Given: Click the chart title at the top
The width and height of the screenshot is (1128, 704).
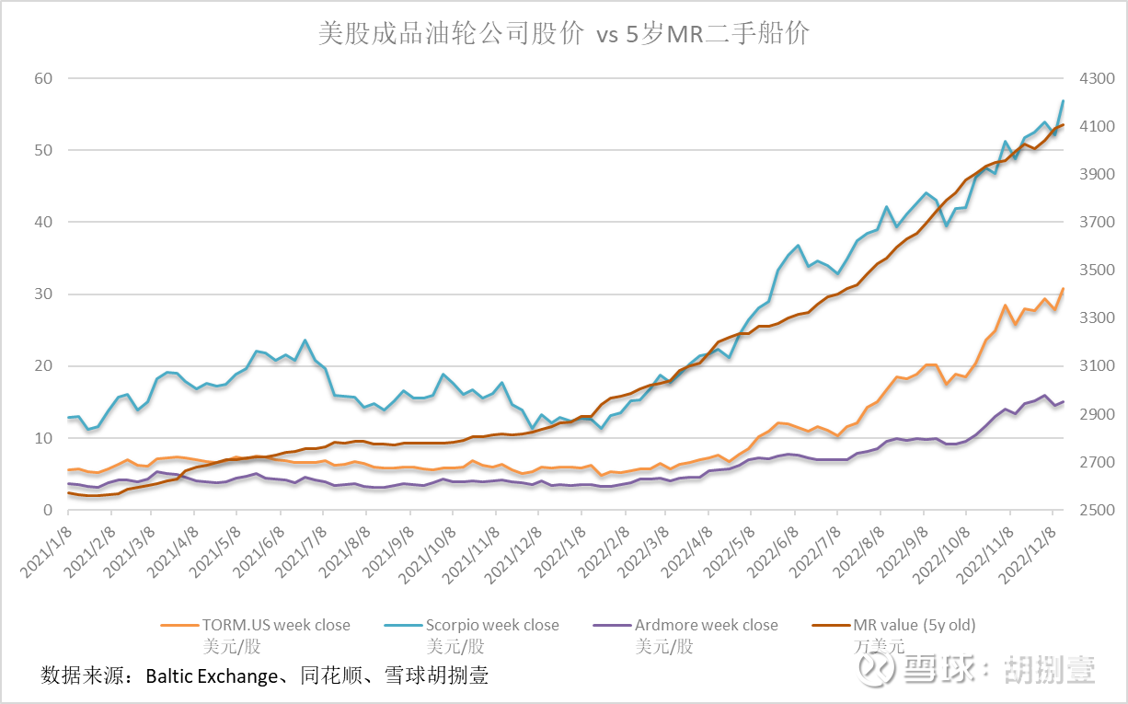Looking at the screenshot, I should (563, 34).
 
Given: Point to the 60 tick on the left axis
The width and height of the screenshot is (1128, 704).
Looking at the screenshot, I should (43, 78).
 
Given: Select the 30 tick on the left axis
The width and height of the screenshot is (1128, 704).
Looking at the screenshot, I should (43, 294).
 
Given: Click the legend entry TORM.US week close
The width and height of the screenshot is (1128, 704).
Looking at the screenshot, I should (275, 625).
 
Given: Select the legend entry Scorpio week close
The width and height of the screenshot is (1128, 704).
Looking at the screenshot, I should (491, 625).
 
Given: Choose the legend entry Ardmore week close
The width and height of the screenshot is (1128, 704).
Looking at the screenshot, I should (706, 625).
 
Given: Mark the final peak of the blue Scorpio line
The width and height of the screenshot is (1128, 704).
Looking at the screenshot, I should (1064, 100).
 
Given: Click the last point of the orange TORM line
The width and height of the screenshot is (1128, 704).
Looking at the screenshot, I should (1064, 288).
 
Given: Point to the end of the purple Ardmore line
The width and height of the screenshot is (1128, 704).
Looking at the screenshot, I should (1064, 401).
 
